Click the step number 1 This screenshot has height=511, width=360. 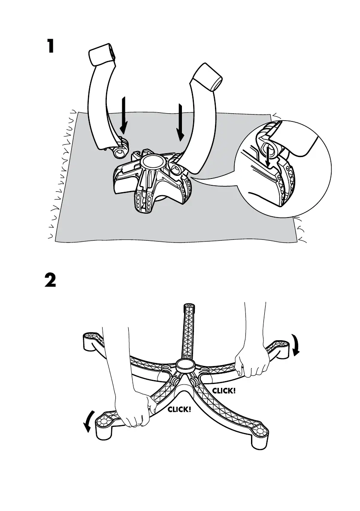[x=51, y=46]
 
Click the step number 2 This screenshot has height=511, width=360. [x=50, y=281]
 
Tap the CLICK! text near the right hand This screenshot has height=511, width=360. [x=224, y=391]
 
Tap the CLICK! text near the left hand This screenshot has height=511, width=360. [x=179, y=409]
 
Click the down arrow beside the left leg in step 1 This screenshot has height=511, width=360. [x=124, y=115]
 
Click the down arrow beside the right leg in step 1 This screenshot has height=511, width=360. [x=181, y=123]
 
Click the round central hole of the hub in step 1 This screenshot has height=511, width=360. [x=152, y=162]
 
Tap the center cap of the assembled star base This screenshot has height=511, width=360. [x=185, y=366]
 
